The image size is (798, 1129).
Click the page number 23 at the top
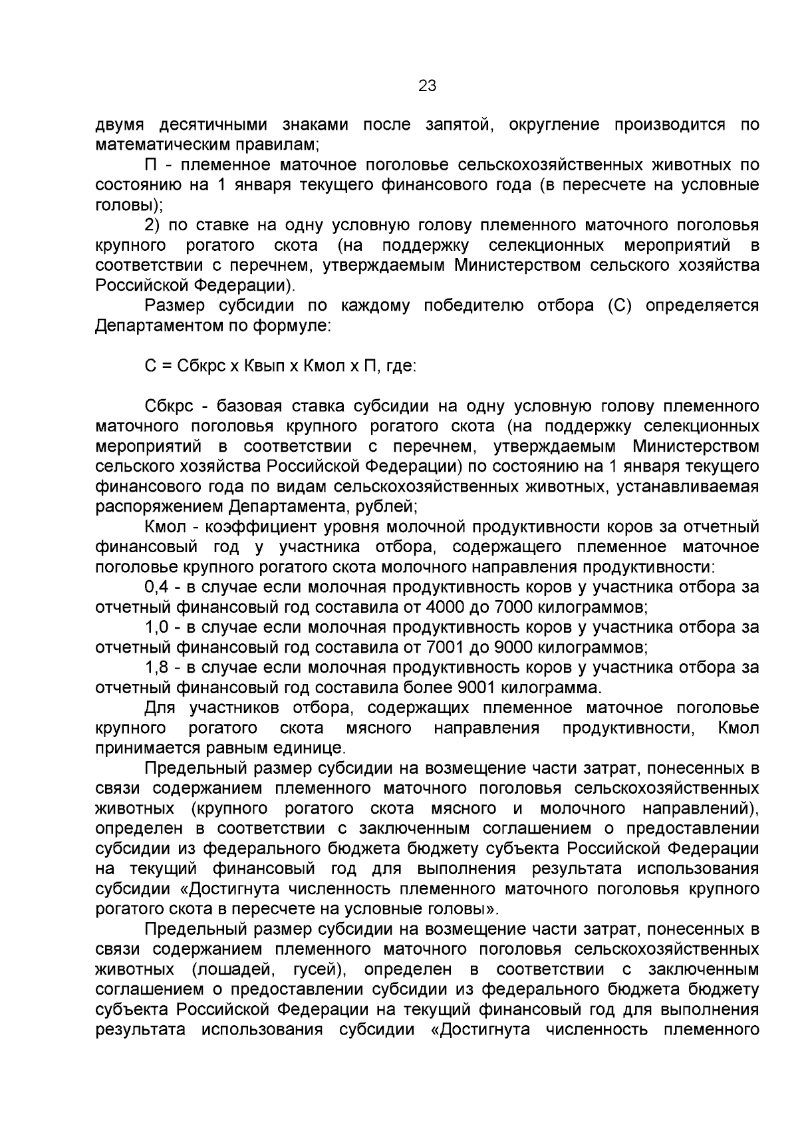pos(427,86)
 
